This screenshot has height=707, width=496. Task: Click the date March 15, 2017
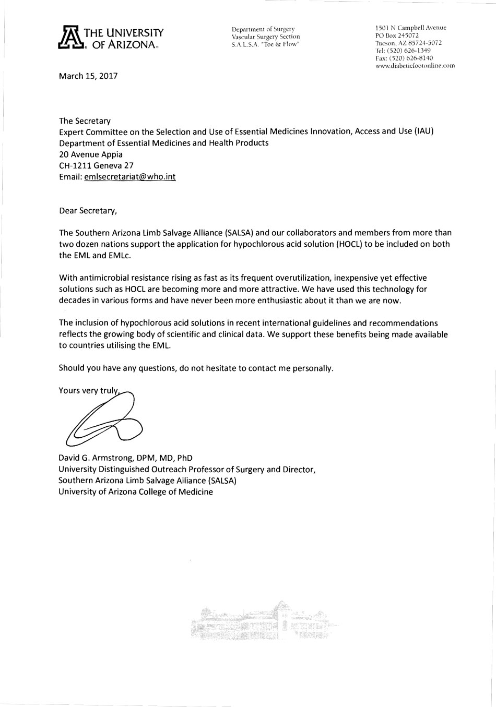tap(88, 76)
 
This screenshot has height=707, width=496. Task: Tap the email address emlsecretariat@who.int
tap(129, 177)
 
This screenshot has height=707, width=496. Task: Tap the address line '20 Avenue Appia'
tap(91, 154)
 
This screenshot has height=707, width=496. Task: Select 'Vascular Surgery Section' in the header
tap(266, 37)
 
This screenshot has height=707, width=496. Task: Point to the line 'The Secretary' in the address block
tap(85, 121)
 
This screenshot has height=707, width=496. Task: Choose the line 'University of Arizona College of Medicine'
tap(136, 492)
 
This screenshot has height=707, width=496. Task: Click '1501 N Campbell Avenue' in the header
tap(410, 28)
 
